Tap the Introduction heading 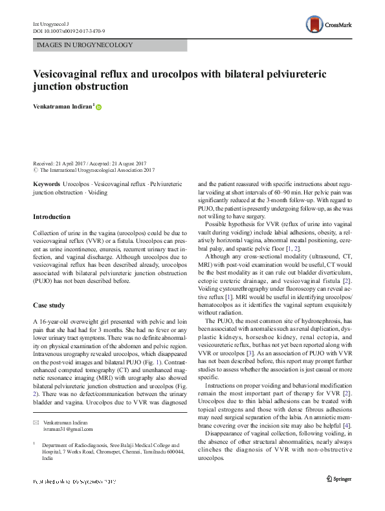(54, 217)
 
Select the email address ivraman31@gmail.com (68, 410)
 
